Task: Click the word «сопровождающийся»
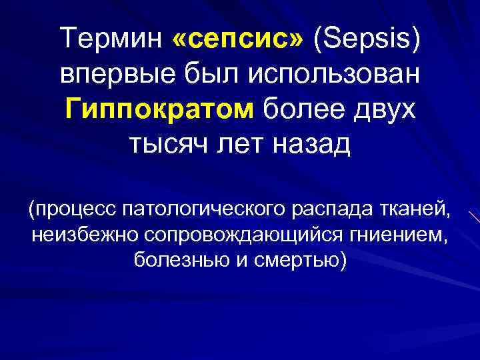click(232, 235)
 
